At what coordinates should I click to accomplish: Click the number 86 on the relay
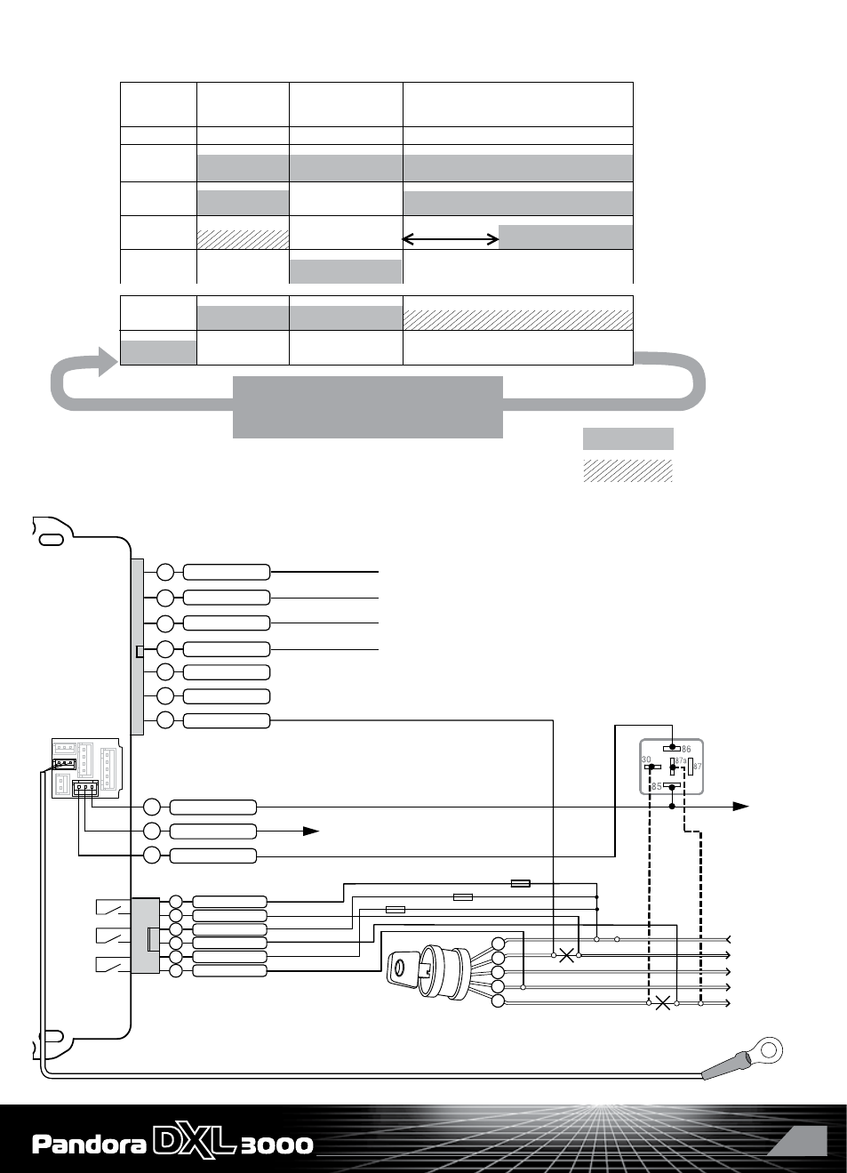point(686,750)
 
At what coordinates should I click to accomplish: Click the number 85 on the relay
point(657,786)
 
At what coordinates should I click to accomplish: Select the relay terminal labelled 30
point(652,767)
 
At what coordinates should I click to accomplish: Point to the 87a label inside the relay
point(681,760)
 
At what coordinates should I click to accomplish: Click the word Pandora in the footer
point(89,1145)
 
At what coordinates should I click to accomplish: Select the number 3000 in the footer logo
point(277,1145)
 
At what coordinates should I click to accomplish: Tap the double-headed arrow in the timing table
point(451,239)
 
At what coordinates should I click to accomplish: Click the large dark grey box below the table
point(367,407)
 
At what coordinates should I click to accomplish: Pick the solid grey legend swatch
point(628,438)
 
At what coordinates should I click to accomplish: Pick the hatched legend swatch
point(628,470)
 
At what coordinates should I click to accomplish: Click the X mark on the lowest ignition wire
point(663,1003)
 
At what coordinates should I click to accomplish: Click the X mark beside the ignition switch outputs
point(566,955)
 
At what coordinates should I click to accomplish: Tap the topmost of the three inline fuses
point(520,883)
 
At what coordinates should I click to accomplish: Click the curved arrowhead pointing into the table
point(108,361)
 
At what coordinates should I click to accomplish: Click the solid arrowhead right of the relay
point(740,807)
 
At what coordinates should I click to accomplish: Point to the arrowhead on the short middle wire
point(311,831)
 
